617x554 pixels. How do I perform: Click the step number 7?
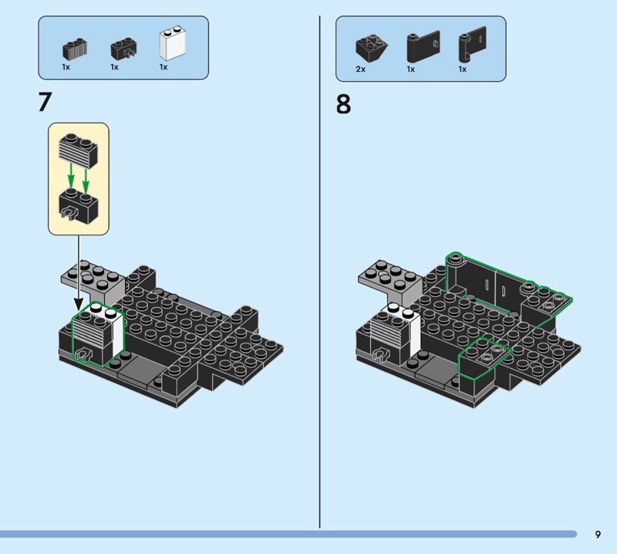pyautogui.click(x=45, y=102)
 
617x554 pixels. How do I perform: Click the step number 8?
pyautogui.click(x=343, y=104)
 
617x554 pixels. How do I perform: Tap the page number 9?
pyautogui.click(x=598, y=534)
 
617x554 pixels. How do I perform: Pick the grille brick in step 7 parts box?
pyautogui.click(x=75, y=49)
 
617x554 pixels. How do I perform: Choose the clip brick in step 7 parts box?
pyautogui.click(x=124, y=49)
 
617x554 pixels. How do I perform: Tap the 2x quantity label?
pyautogui.click(x=360, y=69)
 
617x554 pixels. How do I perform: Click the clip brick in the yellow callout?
pyautogui.click(x=79, y=205)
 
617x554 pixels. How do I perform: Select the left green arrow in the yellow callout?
pyautogui.click(x=71, y=176)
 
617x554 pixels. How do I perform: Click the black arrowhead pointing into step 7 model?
pyautogui.click(x=79, y=304)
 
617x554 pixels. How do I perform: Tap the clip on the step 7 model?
pyautogui.click(x=83, y=354)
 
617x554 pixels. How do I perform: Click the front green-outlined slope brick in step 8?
pyautogui.click(x=484, y=358)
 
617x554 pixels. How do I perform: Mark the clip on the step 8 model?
pyautogui.click(x=381, y=354)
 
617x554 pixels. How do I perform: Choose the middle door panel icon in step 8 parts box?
pyautogui.click(x=423, y=46)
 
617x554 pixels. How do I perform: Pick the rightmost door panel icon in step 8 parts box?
pyautogui.click(x=472, y=44)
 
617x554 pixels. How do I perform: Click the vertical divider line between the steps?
pyautogui.click(x=319, y=272)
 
